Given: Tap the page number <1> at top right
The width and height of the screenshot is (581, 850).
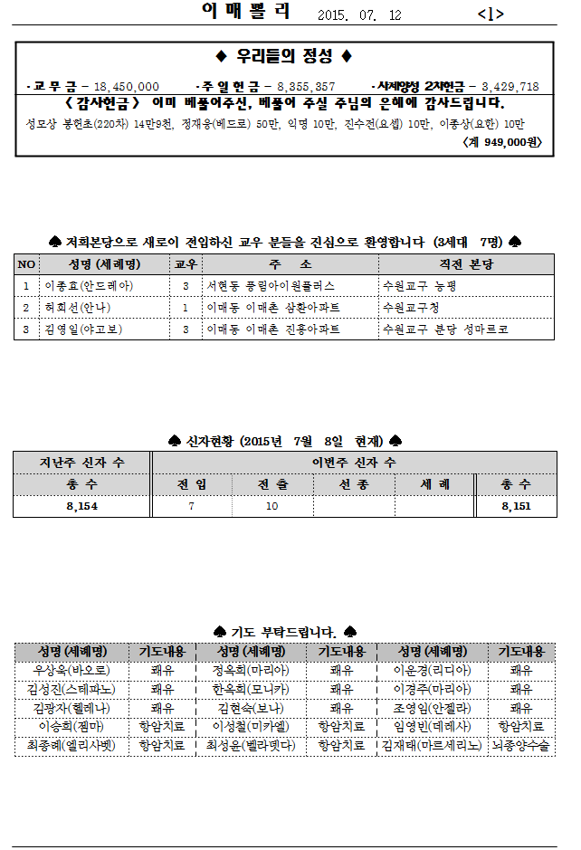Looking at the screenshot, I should [x=490, y=14].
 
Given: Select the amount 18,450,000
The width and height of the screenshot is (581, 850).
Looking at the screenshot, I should [x=126, y=86].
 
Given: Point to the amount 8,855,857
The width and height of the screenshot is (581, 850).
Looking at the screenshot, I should [x=305, y=86].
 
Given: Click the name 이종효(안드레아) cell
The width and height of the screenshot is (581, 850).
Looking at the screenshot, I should [x=89, y=285].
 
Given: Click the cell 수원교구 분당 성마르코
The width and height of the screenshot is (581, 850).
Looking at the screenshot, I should [x=444, y=329].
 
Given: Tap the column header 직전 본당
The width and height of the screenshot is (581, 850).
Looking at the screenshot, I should [x=465, y=263].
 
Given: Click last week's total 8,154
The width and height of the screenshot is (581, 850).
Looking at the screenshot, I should [x=81, y=507].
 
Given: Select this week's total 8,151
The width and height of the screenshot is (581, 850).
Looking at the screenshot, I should [x=516, y=507].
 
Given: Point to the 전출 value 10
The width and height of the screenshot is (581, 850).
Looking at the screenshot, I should [x=271, y=507].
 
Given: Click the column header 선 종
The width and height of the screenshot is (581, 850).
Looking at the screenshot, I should [x=353, y=484].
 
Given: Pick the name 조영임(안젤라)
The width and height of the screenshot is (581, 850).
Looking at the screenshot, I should [x=430, y=708].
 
